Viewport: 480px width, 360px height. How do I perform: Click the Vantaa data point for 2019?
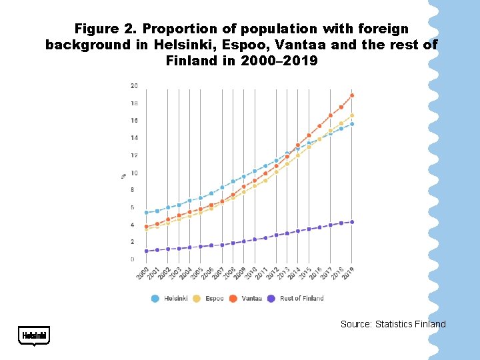pyautogui.click(x=352, y=95)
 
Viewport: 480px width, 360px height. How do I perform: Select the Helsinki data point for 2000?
pyautogui.click(x=147, y=213)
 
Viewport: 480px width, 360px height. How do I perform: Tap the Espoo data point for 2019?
pyautogui.click(x=352, y=115)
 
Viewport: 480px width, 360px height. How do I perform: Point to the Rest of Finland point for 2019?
pyautogui.click(x=352, y=222)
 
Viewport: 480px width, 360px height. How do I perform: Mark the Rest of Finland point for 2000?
pyautogui.click(x=147, y=251)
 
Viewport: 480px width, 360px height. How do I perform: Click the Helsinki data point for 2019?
pyautogui.click(x=352, y=124)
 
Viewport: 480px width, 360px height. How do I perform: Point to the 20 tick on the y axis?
pyautogui.click(x=134, y=86)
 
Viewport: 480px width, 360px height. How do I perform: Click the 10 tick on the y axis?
pyautogui.click(x=134, y=173)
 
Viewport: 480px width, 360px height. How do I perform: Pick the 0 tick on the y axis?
pyautogui.click(x=132, y=259)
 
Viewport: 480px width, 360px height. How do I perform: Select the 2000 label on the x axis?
pyautogui.click(x=143, y=272)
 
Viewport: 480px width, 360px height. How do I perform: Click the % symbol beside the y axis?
pyautogui.click(x=123, y=175)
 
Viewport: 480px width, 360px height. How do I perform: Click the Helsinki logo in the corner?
pyautogui.click(x=34, y=336)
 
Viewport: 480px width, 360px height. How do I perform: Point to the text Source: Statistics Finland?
pyautogui.click(x=393, y=324)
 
